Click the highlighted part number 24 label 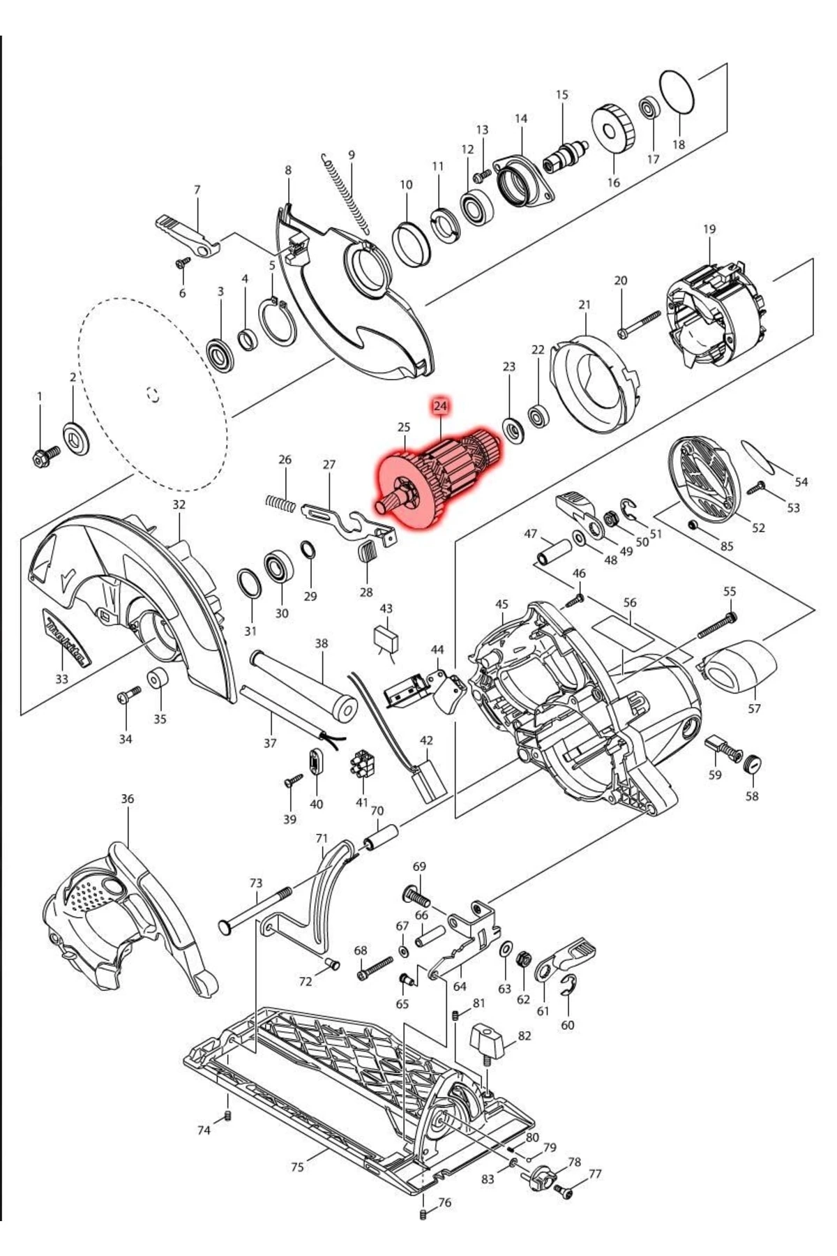click(x=440, y=405)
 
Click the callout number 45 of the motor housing click(x=502, y=604)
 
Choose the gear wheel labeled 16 click(x=614, y=130)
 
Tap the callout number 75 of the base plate click(x=297, y=1166)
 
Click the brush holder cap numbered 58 click(x=752, y=763)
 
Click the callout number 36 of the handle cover click(x=127, y=798)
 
